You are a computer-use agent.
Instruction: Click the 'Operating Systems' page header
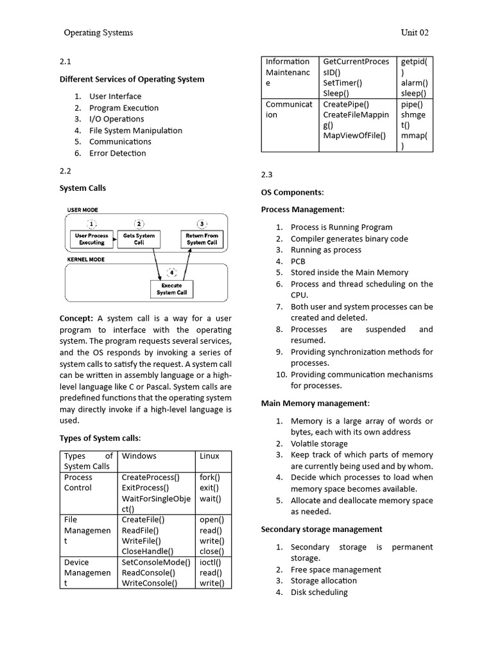(98, 33)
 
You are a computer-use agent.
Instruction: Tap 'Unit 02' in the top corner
(415, 33)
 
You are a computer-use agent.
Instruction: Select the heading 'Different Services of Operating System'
(132, 79)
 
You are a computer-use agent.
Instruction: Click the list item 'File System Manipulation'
(135, 130)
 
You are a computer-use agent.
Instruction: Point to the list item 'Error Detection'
(117, 153)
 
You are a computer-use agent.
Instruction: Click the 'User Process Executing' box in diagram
(92, 239)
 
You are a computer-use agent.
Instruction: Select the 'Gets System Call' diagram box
(139, 239)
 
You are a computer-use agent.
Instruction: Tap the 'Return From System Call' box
(202, 239)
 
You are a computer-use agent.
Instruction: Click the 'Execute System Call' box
(171, 289)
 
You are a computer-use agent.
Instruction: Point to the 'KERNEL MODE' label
(86, 260)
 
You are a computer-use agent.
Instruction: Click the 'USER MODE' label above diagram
(83, 210)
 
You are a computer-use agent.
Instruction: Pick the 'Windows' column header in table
(139, 456)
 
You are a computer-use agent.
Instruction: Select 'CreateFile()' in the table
(143, 520)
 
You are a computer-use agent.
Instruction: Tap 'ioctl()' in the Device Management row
(211, 562)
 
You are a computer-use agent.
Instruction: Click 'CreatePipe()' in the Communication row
(346, 104)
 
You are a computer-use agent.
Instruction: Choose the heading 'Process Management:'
(302, 209)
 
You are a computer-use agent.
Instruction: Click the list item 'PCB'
(298, 262)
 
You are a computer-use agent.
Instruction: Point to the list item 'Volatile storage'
(319, 443)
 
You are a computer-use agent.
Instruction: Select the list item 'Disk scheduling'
(319, 592)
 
